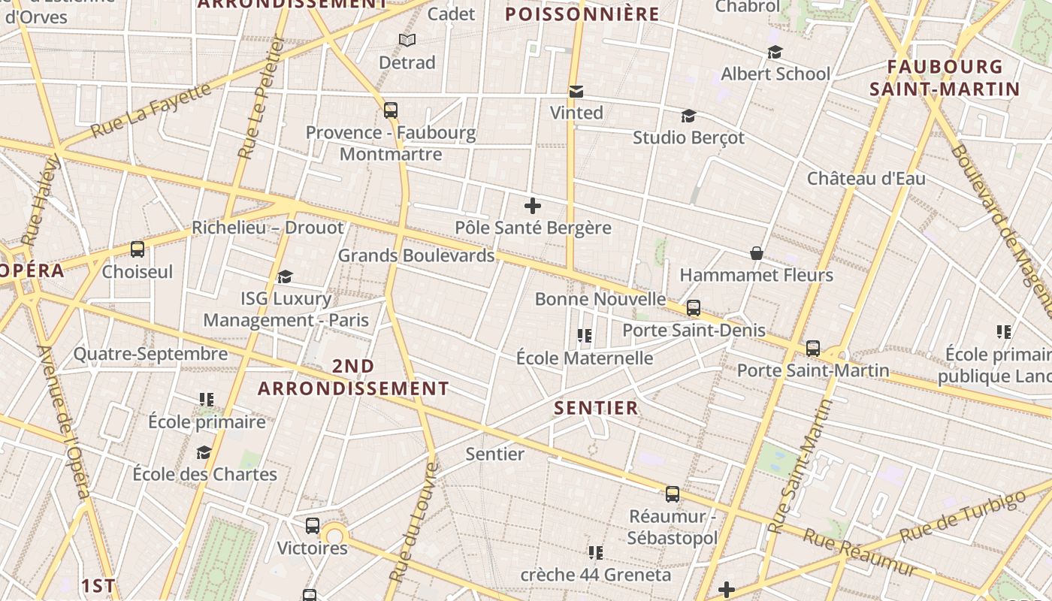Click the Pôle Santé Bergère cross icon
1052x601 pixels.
click(x=533, y=205)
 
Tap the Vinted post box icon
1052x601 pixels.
click(x=576, y=92)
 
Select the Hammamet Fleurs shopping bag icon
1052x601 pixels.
click(x=757, y=254)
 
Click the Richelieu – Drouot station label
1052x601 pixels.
click(x=268, y=228)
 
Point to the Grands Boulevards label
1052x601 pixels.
click(x=416, y=255)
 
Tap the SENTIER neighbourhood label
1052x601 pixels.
click(x=596, y=408)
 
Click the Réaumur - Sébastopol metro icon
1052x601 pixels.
click(x=673, y=494)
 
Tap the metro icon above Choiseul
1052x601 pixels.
click(x=138, y=249)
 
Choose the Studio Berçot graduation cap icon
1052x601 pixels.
click(x=688, y=116)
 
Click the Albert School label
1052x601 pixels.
click(x=775, y=74)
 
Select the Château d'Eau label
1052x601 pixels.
click(x=866, y=179)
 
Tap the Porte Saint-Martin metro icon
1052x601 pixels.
click(x=813, y=349)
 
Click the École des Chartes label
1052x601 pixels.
click(x=205, y=474)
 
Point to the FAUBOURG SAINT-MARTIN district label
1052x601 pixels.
click(x=945, y=78)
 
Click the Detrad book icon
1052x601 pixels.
click(x=407, y=41)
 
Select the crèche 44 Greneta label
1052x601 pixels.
click(x=596, y=575)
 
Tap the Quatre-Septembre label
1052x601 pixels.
click(x=150, y=354)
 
